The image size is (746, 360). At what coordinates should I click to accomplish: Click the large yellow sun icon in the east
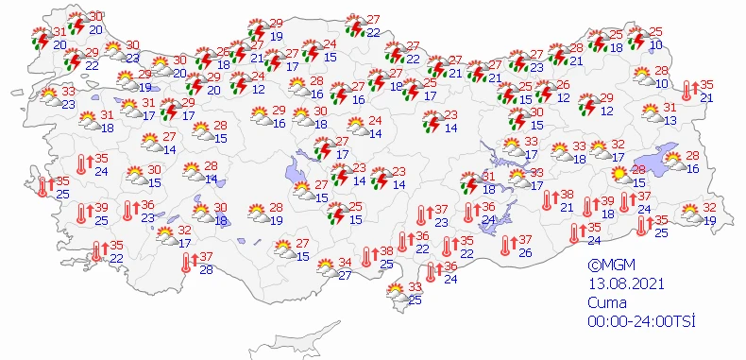pyautogui.click(x=619, y=174)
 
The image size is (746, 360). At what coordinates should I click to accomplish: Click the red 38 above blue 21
pyautogui.click(x=568, y=195)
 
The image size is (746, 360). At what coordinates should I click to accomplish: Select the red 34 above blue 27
pyautogui.click(x=346, y=262)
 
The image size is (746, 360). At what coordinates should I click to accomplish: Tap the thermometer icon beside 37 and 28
pyautogui.click(x=185, y=263)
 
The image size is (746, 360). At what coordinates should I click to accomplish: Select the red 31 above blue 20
pyautogui.click(x=60, y=32)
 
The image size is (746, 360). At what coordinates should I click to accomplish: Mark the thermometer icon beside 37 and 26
pyautogui.click(x=505, y=246)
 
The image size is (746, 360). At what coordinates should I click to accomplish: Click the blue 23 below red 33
pyautogui.click(x=68, y=105)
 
